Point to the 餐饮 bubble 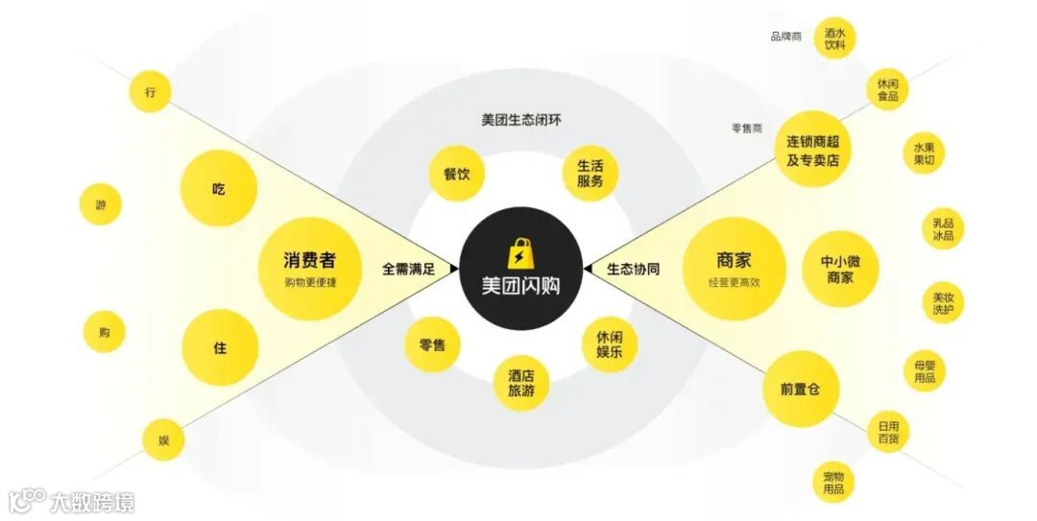tap(456, 174)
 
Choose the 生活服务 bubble tap(590, 173)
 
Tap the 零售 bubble tap(432, 344)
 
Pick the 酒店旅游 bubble tap(522, 383)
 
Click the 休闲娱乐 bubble tap(610, 344)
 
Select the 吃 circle tap(219, 188)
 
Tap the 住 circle tap(220, 347)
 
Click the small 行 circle tap(151, 92)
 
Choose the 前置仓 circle tap(801, 390)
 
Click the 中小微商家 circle tap(840, 269)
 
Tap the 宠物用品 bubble tap(832, 483)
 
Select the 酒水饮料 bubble tap(834, 37)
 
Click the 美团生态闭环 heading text tap(520, 121)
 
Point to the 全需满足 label tap(408, 270)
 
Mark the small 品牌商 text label tap(785, 36)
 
